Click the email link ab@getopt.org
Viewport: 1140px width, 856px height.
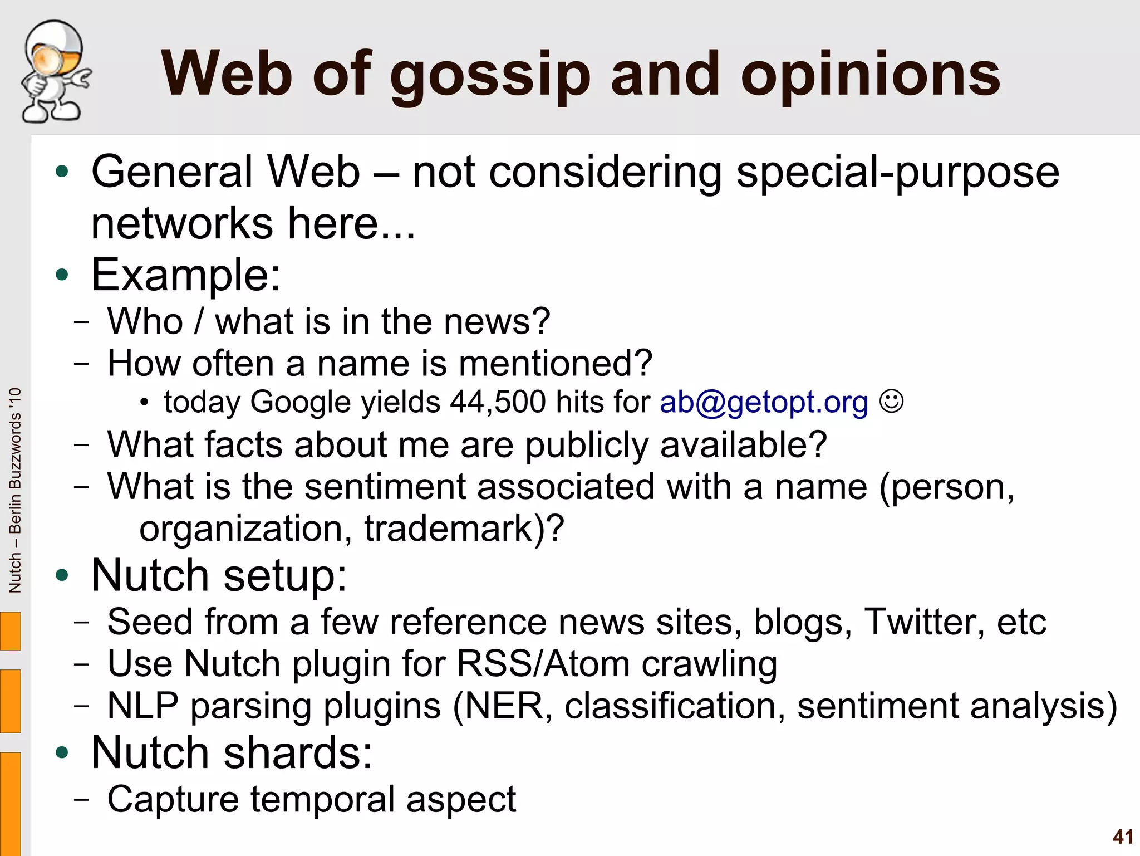point(764,402)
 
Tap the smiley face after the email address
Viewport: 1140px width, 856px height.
point(891,401)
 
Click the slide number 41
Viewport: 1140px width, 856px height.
point(1123,837)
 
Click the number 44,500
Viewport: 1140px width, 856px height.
point(498,402)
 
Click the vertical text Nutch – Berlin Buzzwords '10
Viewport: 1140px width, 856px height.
point(15,490)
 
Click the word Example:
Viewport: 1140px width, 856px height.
point(186,275)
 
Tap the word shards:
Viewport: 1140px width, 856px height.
point(298,752)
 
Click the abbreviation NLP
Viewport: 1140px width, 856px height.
point(142,706)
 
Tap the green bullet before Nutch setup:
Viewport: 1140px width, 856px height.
point(62,575)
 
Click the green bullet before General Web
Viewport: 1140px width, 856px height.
point(62,172)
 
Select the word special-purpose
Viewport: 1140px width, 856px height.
point(897,173)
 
